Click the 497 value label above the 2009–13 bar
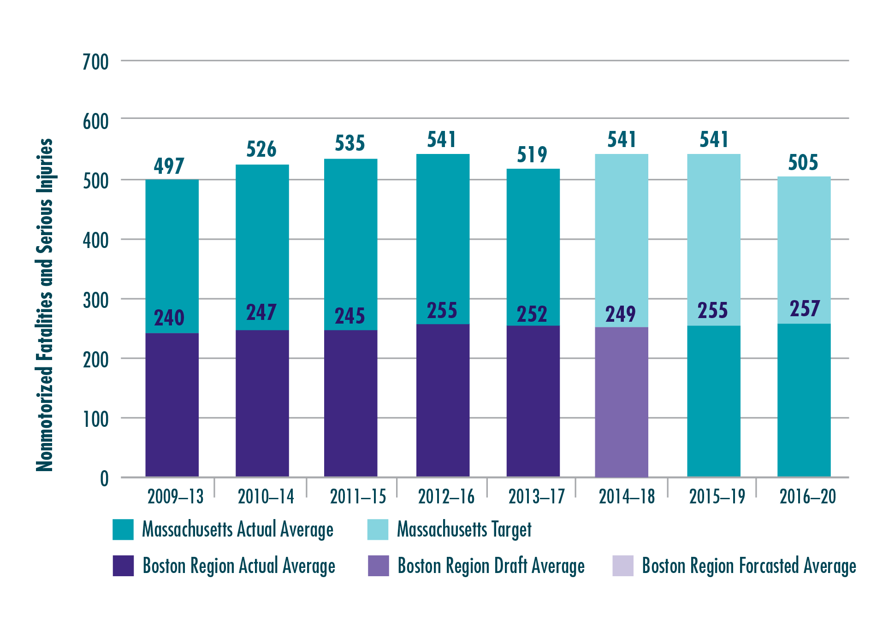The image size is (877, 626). click(x=169, y=166)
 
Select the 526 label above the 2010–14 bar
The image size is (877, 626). click(x=261, y=149)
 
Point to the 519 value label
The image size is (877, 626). click(x=532, y=154)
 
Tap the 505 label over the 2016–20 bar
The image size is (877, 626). click(x=803, y=162)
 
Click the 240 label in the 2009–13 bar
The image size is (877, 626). click(x=169, y=318)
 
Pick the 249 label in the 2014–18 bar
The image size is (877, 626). click(x=621, y=314)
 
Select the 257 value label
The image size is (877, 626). click(x=805, y=309)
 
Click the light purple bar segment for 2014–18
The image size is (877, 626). click(x=621, y=401)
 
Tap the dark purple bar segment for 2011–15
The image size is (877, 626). click(x=351, y=403)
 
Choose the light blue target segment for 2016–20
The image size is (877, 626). click(x=804, y=249)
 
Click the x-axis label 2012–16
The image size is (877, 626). click(x=446, y=497)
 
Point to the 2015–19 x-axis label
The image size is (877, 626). click(x=717, y=497)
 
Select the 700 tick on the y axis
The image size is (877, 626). click(x=96, y=62)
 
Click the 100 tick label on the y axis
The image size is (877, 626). click(x=96, y=419)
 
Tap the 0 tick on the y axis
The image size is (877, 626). click(x=105, y=479)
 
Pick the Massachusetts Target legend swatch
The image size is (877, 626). click(x=378, y=530)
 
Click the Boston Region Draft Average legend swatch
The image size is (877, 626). click(x=378, y=566)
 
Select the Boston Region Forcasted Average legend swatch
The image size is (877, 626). click(x=622, y=566)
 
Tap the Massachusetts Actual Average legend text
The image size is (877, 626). click(x=237, y=530)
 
